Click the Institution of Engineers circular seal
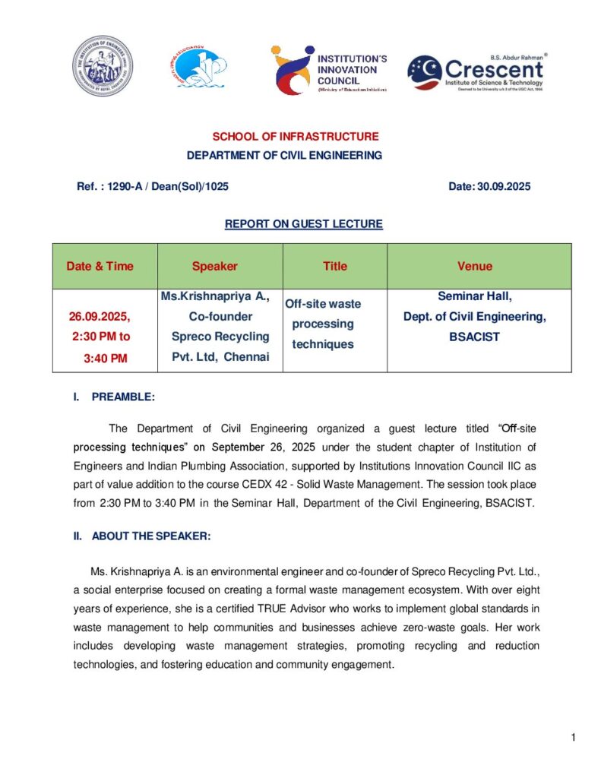point(103,65)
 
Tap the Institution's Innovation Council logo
point(328,69)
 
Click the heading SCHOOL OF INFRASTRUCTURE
point(295,137)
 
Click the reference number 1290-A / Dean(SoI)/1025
point(167,186)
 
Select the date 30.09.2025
point(503,186)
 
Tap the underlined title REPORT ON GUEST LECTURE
point(303,224)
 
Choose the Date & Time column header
point(100,266)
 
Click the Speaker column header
point(214,266)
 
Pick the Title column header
point(334,266)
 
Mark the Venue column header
point(474,266)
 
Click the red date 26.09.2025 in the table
point(100,316)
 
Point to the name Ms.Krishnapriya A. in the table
point(215,296)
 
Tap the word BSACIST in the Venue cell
point(474,337)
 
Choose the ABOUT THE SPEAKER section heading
point(150,536)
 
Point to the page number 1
point(573,738)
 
